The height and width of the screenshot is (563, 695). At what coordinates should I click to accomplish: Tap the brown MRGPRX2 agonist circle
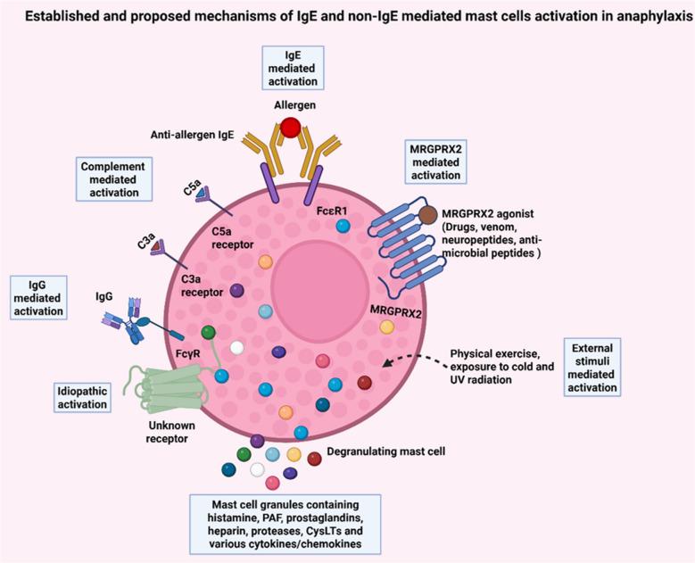(428, 215)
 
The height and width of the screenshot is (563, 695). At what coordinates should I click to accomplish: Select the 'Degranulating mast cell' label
(386, 451)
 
